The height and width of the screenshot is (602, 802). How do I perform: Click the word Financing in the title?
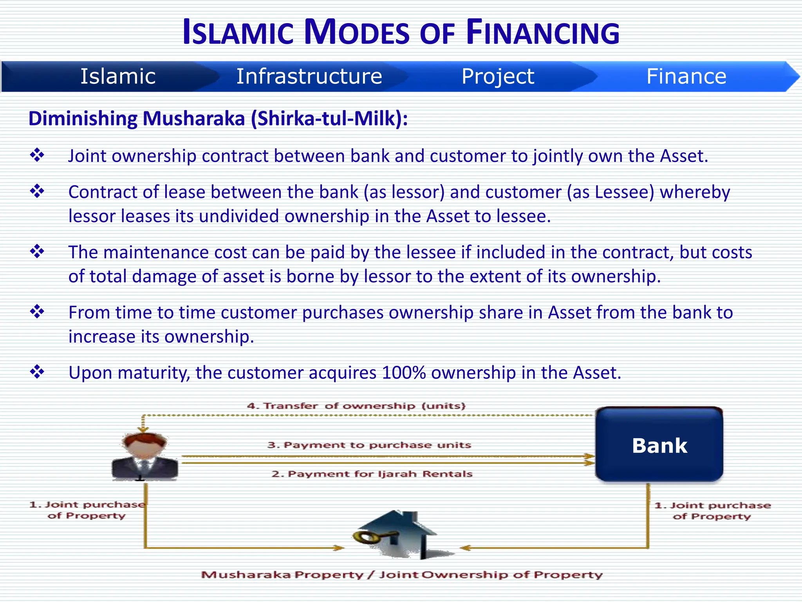(x=543, y=33)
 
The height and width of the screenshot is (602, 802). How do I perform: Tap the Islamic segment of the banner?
(x=118, y=76)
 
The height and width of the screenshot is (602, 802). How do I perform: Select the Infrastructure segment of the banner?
(x=309, y=76)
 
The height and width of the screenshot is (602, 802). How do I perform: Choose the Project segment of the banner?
(x=497, y=76)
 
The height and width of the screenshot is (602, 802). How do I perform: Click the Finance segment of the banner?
(x=686, y=76)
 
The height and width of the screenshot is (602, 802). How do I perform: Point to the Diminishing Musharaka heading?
(x=218, y=118)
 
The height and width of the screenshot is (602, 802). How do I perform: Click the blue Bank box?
(x=659, y=445)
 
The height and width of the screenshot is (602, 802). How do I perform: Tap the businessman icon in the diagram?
(x=145, y=457)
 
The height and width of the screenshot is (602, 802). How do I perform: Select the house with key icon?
(x=399, y=535)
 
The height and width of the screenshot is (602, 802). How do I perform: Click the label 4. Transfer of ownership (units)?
(x=356, y=406)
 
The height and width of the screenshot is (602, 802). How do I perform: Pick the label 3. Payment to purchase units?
(x=369, y=445)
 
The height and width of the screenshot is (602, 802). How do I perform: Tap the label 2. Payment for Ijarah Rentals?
(x=372, y=474)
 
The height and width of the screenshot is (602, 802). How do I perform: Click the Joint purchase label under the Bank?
(x=712, y=511)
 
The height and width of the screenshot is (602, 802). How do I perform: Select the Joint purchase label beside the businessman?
(x=87, y=510)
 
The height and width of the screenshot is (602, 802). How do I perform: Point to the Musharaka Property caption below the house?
(x=402, y=575)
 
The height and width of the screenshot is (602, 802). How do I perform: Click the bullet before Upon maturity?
(x=37, y=372)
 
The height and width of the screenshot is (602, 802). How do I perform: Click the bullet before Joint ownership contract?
(x=37, y=155)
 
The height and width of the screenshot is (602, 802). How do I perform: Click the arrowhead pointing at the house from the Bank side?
(x=465, y=548)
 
